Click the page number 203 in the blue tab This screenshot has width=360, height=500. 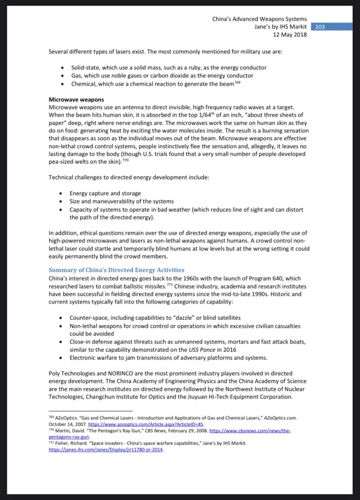[320, 27]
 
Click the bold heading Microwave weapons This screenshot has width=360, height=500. [76, 100]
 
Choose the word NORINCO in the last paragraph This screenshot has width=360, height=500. [116, 374]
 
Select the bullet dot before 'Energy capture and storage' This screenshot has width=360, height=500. [61, 194]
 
